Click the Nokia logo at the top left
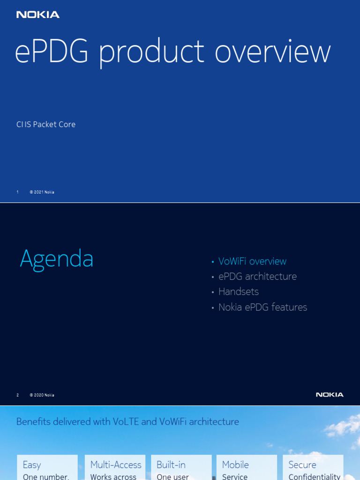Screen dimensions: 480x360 pyautogui.click(x=38, y=15)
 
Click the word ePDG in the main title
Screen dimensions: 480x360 pyautogui.click(x=52, y=52)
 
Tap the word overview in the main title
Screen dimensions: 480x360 pyautogui.click(x=272, y=52)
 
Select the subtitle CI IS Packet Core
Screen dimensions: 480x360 pyautogui.click(x=46, y=124)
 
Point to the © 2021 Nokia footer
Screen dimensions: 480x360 pyautogui.click(x=42, y=192)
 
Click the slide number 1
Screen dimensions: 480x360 pyautogui.click(x=18, y=192)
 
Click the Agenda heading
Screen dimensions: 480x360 pyautogui.click(x=57, y=259)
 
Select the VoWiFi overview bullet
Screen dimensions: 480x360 pyautogui.click(x=252, y=261)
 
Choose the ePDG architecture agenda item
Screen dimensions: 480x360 pyautogui.click(x=257, y=277)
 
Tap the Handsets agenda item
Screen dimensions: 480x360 pyautogui.click(x=239, y=292)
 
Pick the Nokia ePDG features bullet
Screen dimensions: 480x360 pyautogui.click(x=262, y=307)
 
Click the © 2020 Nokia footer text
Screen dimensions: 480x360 pyautogui.click(x=42, y=395)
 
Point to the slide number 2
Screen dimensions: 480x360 pyautogui.click(x=18, y=395)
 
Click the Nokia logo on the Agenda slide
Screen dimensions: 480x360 pyautogui.click(x=330, y=395)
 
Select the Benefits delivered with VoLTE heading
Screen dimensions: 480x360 pyautogui.click(x=127, y=421)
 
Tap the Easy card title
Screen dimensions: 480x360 pyautogui.click(x=32, y=465)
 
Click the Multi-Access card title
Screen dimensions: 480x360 pyautogui.click(x=116, y=465)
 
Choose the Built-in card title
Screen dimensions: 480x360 pyautogui.click(x=171, y=465)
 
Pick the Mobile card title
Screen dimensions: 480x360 pyautogui.click(x=235, y=465)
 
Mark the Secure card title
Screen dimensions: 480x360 pyautogui.click(x=302, y=465)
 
